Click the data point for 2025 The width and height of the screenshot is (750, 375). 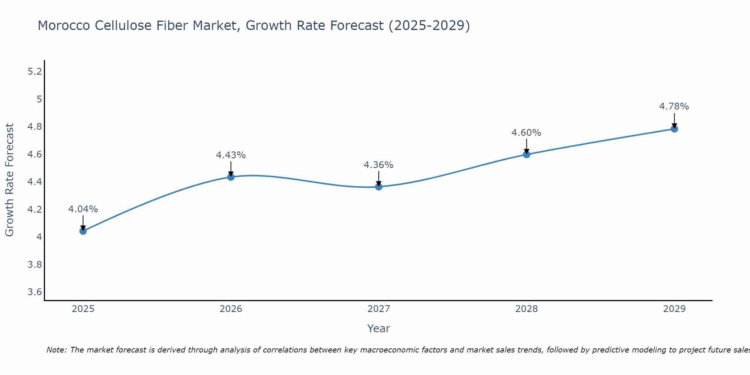point(83,231)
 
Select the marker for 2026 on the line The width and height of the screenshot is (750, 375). point(231,177)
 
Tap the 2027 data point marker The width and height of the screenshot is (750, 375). point(379,187)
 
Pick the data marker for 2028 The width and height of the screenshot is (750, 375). point(526,154)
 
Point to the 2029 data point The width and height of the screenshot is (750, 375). point(674,129)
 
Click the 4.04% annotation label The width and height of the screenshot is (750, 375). point(83,209)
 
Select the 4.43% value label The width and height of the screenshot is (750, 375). point(231,155)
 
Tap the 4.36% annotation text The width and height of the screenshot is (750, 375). point(379,165)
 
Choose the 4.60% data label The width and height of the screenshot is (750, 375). point(526,133)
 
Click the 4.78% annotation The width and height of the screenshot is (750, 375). point(674,106)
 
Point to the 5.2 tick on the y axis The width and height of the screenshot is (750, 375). point(35,72)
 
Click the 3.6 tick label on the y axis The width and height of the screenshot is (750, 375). point(35,292)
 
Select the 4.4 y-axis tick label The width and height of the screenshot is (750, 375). point(35,182)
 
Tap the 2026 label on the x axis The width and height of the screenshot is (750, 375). point(231,309)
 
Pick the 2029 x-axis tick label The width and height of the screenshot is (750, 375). point(674,309)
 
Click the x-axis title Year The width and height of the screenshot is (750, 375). point(379,328)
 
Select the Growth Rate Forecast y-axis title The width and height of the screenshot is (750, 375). point(10,180)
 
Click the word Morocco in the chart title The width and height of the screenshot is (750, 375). point(64,26)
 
